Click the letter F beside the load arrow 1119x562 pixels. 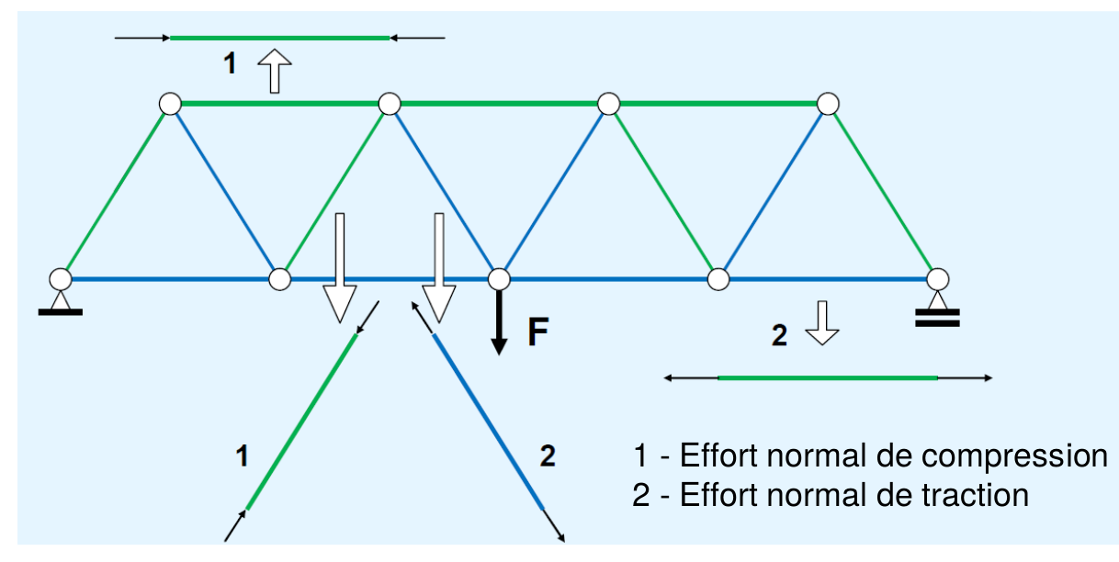[538, 333]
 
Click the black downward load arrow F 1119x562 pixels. [498, 322]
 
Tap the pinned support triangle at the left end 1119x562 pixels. [61, 298]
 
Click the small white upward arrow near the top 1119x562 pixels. [274, 71]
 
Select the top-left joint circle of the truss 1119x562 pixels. [170, 104]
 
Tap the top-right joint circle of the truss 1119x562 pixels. [828, 104]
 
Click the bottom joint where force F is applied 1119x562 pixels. [498, 277]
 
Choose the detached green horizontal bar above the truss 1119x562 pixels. [279, 38]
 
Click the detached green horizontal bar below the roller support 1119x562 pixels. [827, 377]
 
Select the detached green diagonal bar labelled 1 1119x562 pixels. [301, 421]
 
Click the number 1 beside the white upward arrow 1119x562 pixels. [230, 63]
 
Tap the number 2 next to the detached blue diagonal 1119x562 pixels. [547, 455]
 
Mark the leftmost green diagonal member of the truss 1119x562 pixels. [115, 190]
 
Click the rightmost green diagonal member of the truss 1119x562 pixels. [882, 190]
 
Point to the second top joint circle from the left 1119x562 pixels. [390, 104]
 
